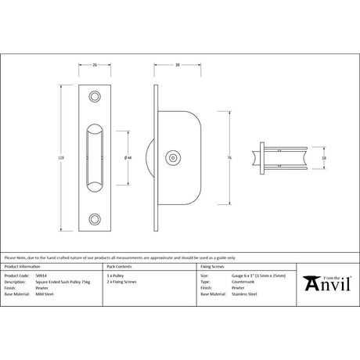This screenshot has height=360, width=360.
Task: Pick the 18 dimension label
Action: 325,157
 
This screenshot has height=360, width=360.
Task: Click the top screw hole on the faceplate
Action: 95,96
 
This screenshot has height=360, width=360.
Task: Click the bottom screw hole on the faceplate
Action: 95,218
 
